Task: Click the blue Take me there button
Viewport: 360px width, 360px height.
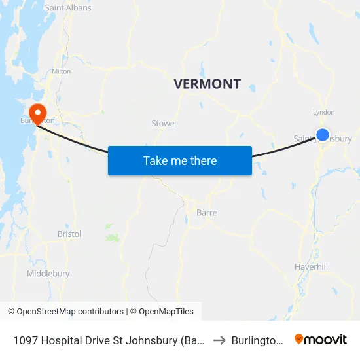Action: point(180,160)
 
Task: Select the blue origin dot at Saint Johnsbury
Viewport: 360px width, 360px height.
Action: point(323,135)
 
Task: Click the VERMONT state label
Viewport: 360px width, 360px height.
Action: point(207,84)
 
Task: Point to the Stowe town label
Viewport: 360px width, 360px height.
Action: point(163,123)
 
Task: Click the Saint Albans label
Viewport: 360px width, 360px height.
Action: point(68,8)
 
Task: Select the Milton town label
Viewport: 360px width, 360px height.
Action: point(61,71)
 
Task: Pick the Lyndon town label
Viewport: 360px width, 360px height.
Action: point(324,112)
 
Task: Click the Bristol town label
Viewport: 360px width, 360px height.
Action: point(69,234)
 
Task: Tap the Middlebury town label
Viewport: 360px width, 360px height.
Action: point(48,274)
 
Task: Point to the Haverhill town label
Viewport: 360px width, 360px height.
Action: point(311,267)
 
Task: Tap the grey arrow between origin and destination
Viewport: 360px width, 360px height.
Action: point(220,340)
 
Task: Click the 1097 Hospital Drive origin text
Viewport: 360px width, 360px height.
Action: point(108,340)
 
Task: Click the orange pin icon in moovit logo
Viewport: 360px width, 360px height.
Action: point(299,339)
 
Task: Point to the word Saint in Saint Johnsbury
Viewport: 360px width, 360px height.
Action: point(304,139)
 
